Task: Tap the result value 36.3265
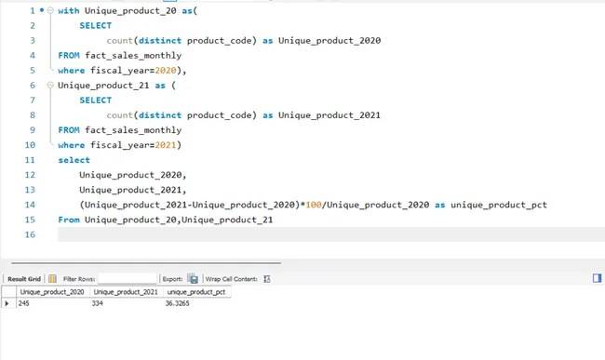coord(177,304)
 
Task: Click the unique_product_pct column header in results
coord(195,292)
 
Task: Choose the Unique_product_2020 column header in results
coord(53,292)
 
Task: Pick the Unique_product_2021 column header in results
coord(126,292)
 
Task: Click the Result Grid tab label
coord(24,278)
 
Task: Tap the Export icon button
coord(193,278)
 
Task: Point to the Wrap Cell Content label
coord(231,278)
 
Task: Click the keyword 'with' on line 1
coord(68,11)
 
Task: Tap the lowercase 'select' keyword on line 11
coord(74,160)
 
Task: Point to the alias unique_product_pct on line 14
coord(498,205)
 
